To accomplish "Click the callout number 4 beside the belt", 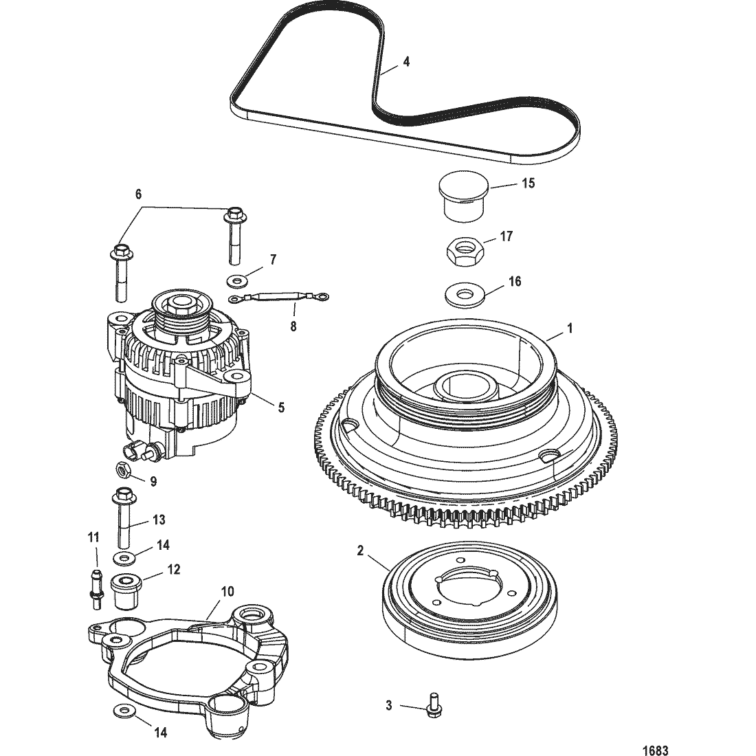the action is pos(406,62).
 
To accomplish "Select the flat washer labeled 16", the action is pos(464,294).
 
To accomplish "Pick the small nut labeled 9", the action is pos(122,469).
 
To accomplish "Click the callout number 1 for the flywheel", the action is pos(570,329).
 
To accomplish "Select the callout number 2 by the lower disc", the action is pos(360,550).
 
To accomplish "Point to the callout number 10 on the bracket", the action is pos(227,591).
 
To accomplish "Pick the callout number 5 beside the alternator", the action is pos(281,408).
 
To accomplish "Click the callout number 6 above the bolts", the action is pos(138,194).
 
